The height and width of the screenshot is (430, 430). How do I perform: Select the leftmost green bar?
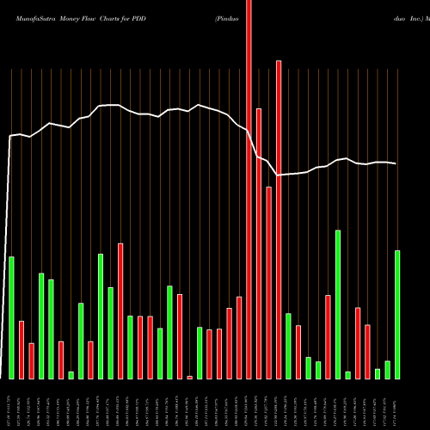11,317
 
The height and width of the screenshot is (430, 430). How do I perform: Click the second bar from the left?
21,349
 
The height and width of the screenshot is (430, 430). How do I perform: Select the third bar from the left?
31,360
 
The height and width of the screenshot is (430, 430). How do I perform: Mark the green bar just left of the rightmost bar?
387,369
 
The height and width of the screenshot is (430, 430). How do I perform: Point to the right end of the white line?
396,163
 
